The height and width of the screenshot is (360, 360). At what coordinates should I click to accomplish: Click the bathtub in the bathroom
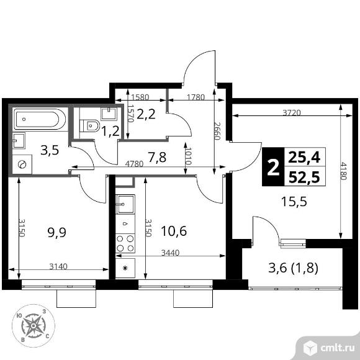(38, 119)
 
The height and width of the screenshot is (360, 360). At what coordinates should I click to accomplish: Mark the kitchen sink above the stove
(125, 204)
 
